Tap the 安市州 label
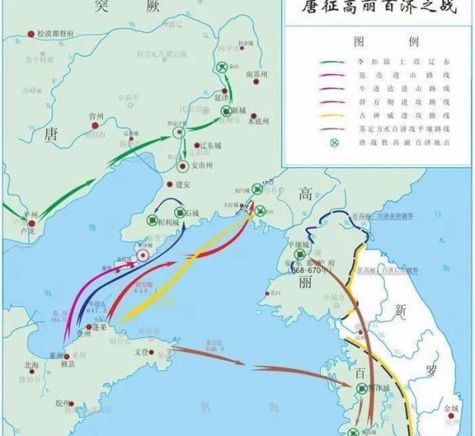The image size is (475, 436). [205, 166]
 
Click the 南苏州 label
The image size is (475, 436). [257, 74]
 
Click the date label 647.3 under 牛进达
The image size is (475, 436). [97, 311]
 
